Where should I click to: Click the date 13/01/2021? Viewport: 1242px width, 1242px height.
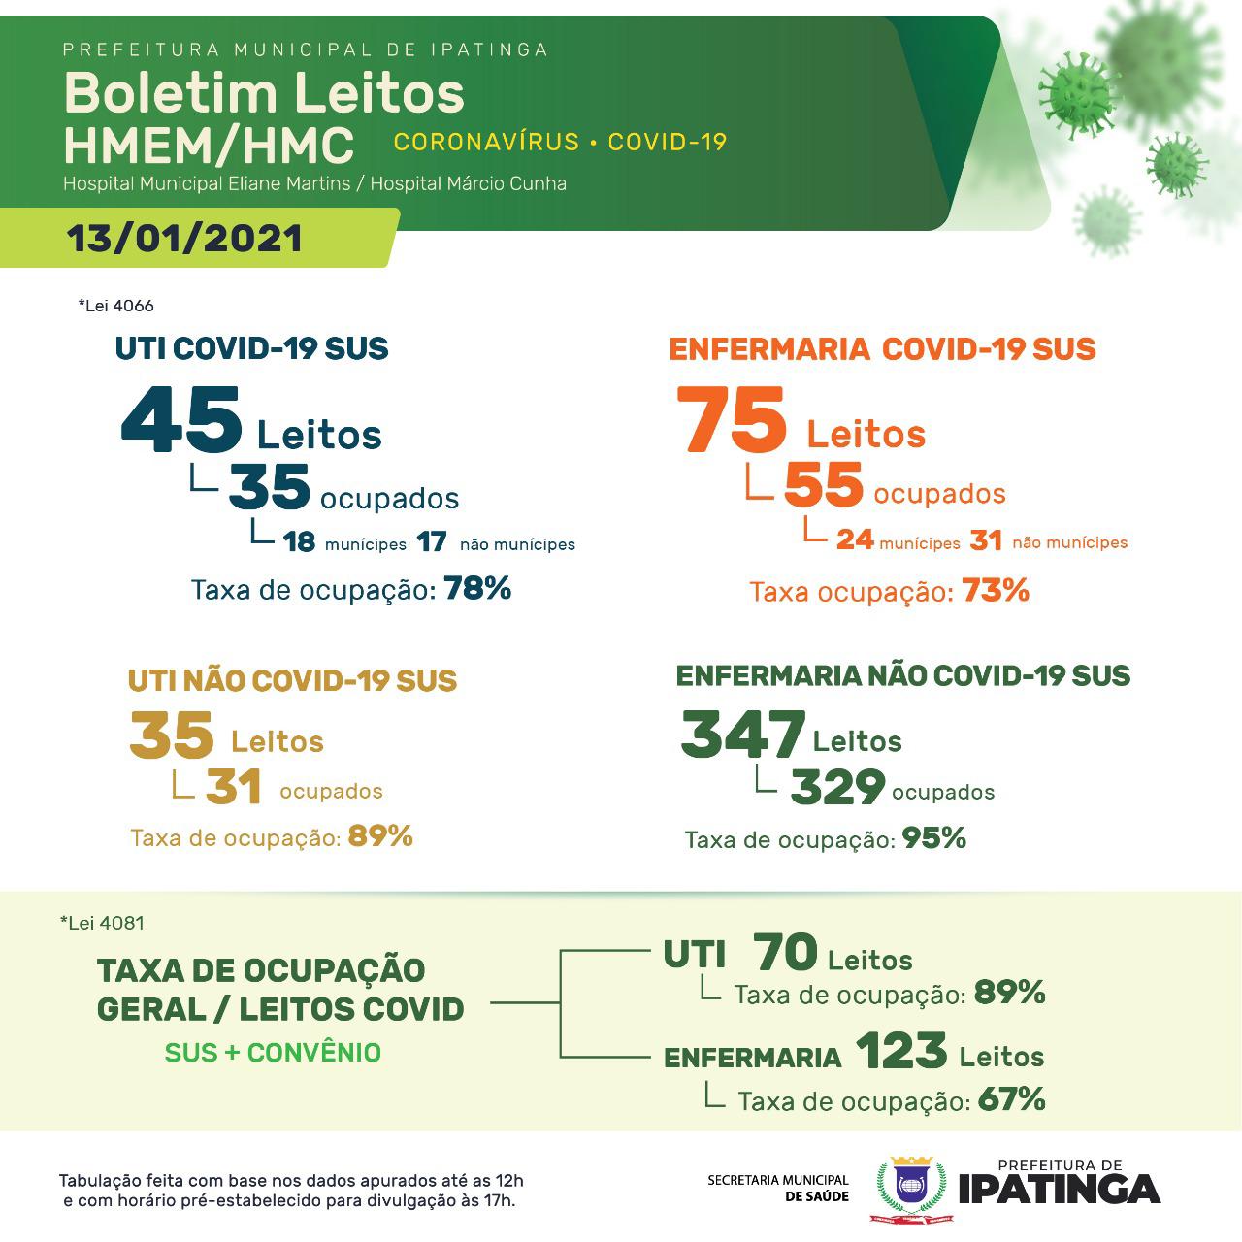184,239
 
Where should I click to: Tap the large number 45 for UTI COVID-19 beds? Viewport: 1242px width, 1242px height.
181,420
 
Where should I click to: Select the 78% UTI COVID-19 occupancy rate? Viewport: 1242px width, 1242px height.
477,588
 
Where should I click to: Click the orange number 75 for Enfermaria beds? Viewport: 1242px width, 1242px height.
732,420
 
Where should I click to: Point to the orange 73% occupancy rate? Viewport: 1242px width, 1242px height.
996,590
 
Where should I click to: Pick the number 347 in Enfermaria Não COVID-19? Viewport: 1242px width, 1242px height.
742,735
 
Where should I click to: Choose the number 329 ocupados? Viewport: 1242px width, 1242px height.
837,787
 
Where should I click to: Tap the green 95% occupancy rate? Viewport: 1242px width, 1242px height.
934,838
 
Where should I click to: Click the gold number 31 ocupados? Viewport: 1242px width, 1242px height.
234,787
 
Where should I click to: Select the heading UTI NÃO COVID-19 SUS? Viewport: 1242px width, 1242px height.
292,680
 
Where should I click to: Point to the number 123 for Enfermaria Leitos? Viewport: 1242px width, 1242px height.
901,1051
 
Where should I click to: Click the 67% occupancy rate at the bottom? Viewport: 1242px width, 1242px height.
1012,1099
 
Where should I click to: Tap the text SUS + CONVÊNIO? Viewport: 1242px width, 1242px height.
273,1053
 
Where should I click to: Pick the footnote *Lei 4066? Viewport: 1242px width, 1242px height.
115,306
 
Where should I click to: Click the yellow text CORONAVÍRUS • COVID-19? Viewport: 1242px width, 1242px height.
560,143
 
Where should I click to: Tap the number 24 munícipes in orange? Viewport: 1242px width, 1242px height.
855,539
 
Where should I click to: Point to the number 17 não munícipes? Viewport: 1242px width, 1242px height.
432,541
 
